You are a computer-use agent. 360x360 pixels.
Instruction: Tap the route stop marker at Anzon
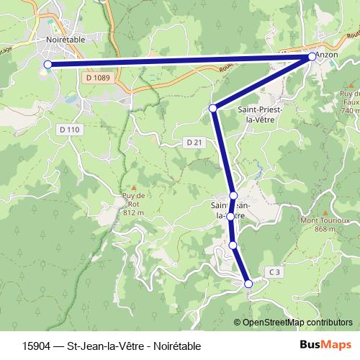coord(312,56)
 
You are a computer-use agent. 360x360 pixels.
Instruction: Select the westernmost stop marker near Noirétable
coord(48,65)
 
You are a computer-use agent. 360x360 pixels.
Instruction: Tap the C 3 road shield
coord(274,271)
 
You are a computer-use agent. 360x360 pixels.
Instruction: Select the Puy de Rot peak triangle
coord(133,187)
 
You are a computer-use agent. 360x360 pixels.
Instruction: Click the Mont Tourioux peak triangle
coord(325,213)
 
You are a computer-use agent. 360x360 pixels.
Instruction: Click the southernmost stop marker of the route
coord(249,284)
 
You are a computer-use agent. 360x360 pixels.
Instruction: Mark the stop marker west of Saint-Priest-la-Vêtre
coord(212,108)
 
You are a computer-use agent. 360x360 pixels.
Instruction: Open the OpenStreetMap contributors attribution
coord(297,322)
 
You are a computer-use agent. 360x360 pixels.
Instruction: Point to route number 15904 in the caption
coord(36,346)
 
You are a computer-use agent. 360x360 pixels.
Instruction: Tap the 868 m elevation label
coord(325,229)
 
